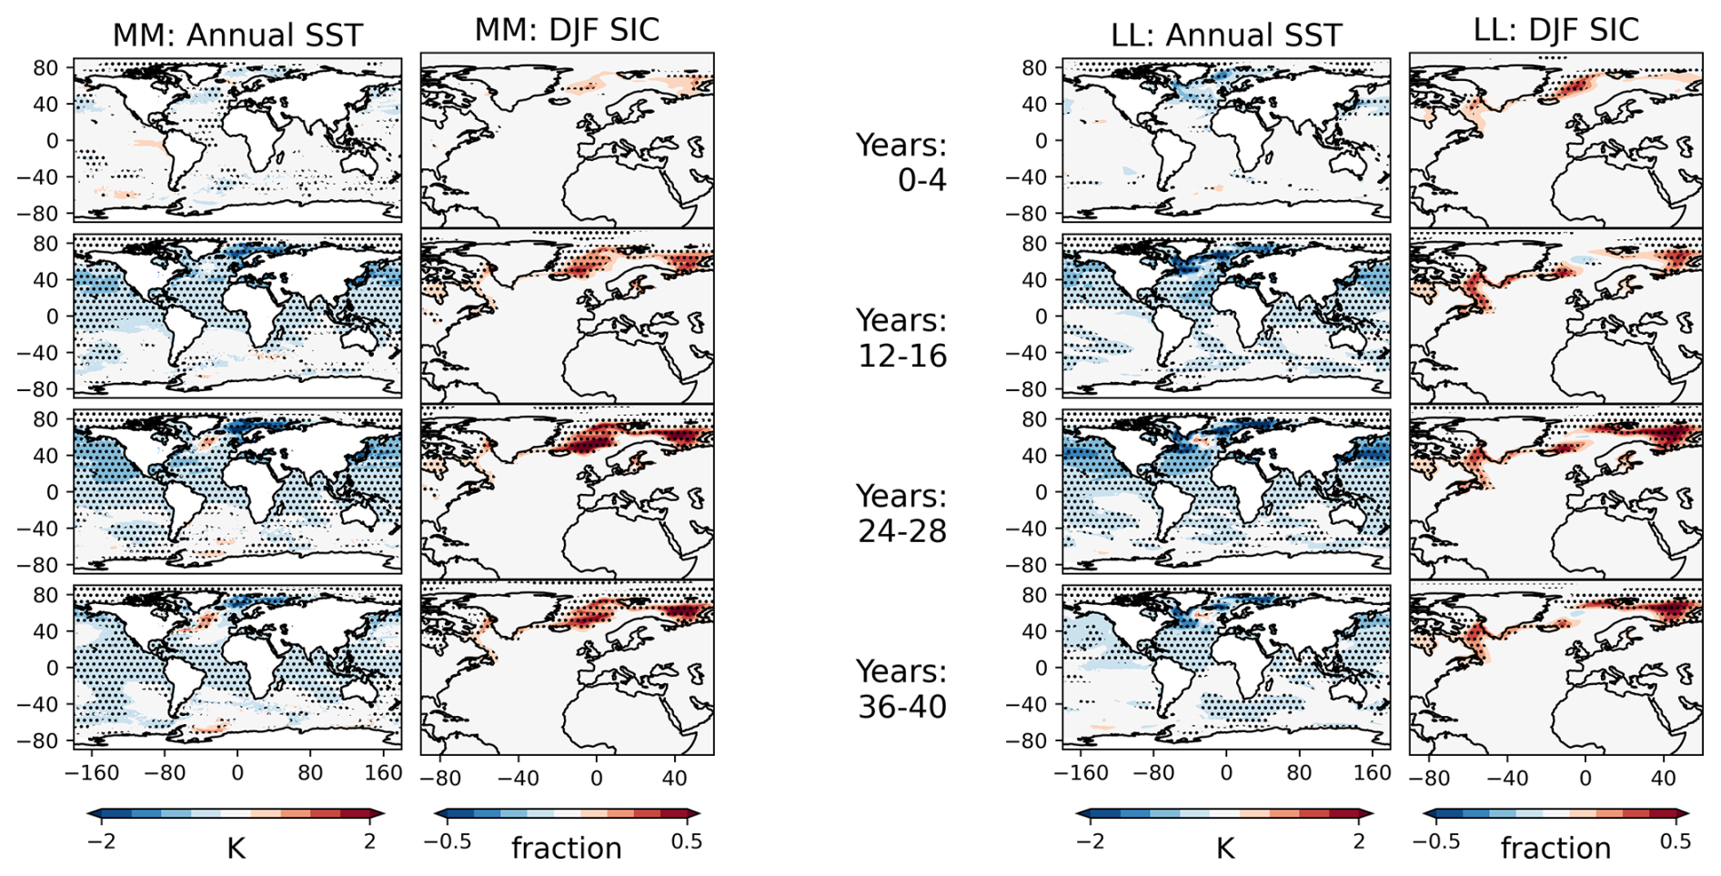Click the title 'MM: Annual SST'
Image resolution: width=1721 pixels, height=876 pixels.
(237, 35)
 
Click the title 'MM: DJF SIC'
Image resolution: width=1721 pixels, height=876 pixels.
(567, 29)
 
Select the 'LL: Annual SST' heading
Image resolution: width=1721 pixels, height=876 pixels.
(1226, 35)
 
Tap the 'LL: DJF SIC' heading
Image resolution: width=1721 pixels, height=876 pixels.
(1555, 29)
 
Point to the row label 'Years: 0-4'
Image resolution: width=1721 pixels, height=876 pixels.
(901, 162)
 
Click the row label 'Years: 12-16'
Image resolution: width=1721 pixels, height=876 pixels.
(901, 337)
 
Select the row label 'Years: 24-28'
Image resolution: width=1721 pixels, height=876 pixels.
(901, 513)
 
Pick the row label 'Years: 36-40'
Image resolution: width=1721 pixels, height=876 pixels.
(901, 689)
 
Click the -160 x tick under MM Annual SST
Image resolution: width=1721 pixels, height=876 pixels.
(92, 773)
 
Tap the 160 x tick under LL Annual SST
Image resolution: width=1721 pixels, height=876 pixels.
(1373, 773)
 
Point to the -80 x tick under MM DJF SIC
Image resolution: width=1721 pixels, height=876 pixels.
(440, 779)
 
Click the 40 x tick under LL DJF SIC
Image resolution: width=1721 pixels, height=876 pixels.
(1664, 779)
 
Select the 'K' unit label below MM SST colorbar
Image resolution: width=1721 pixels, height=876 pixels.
(236, 849)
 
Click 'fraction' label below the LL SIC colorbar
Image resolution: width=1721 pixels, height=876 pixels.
(1555, 849)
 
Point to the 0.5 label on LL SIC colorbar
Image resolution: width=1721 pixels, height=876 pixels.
(1676, 841)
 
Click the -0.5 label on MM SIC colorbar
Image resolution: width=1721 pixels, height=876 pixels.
(448, 841)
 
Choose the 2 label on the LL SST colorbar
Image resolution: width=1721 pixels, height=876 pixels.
(1359, 841)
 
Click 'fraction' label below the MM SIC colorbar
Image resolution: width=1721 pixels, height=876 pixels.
(567, 849)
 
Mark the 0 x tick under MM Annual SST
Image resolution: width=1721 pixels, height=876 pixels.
(237, 773)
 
